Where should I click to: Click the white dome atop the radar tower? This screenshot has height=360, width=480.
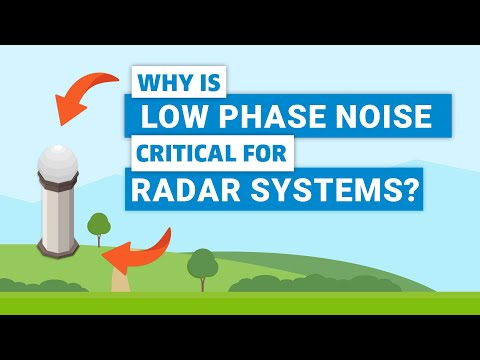click(x=58, y=163)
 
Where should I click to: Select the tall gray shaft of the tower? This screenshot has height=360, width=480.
click(x=56, y=220)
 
